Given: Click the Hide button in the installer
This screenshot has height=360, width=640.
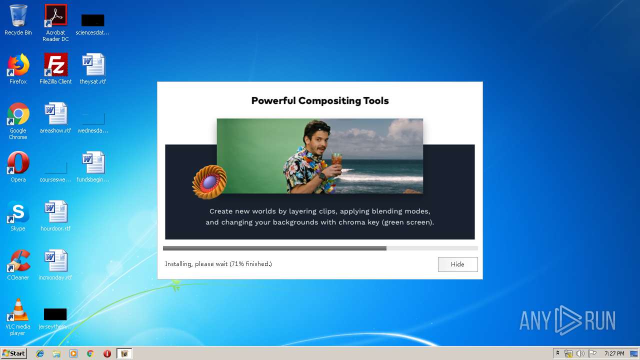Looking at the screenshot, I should pos(457,264).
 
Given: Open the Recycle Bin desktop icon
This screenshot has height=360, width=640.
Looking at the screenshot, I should pos(18,17).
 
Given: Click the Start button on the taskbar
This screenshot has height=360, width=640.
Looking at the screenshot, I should pos(14,353).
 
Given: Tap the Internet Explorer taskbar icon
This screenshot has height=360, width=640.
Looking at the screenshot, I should pos(40,353).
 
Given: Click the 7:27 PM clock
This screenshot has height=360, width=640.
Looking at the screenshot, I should pos(614,353).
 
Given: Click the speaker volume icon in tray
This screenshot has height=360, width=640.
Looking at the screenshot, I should pos(580,353).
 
